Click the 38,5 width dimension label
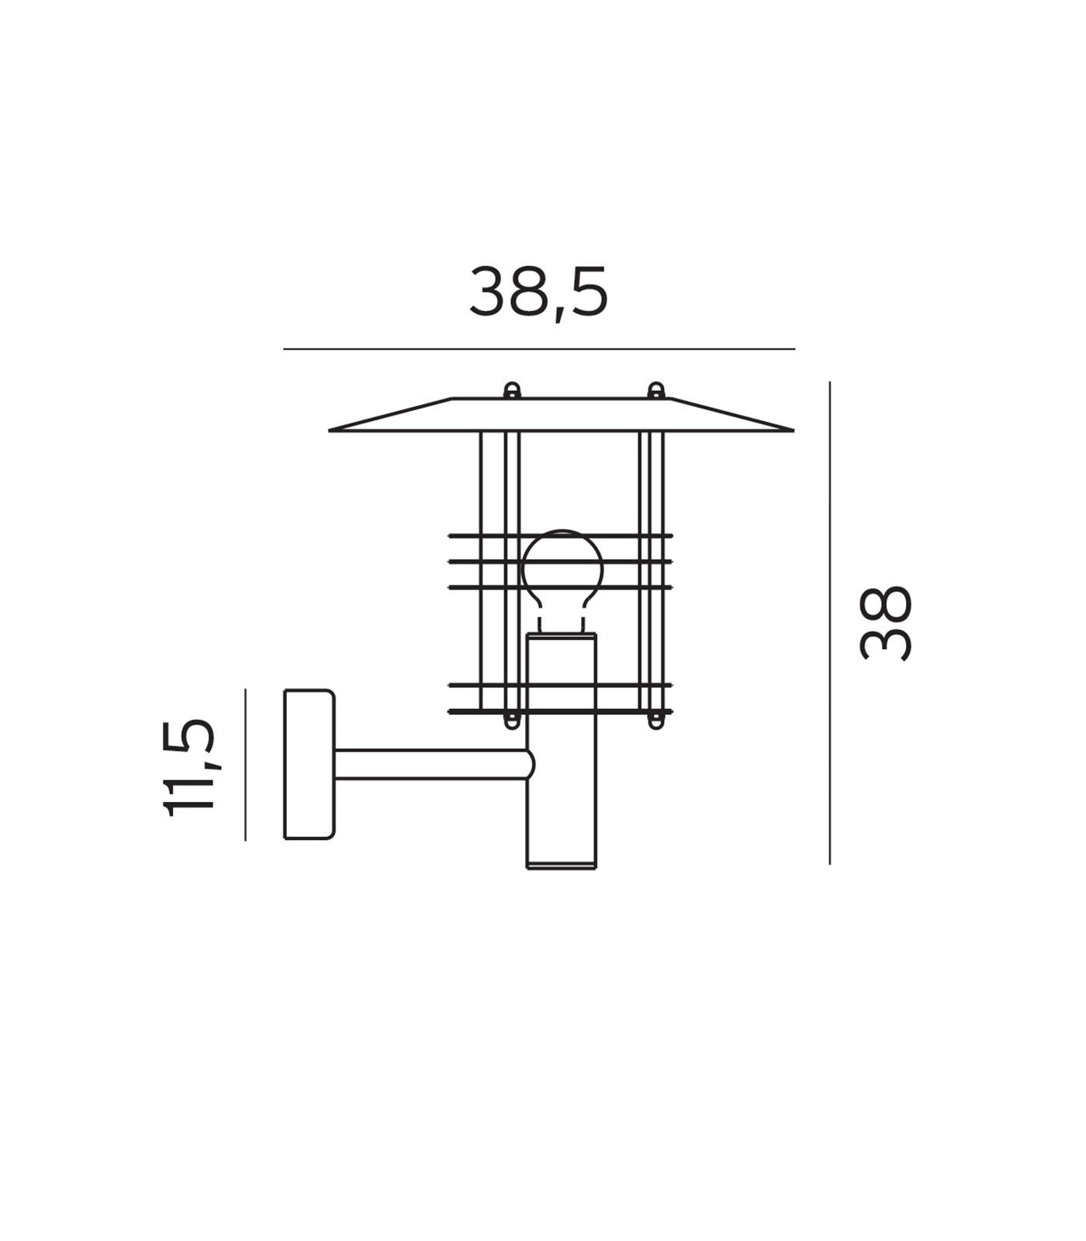(x=538, y=292)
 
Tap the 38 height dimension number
(x=886, y=624)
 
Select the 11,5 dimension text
(x=188, y=767)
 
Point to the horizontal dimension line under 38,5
(x=538, y=349)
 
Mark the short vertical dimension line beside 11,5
(x=245, y=764)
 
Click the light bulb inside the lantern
(x=562, y=566)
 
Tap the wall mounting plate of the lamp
(x=309, y=764)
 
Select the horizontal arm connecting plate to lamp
(x=431, y=765)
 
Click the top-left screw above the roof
(x=511, y=390)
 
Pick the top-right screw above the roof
(x=655, y=390)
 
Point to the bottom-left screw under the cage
(x=510, y=721)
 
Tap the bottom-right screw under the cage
(x=655, y=721)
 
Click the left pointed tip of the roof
(x=331, y=429)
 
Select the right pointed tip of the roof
(x=792, y=429)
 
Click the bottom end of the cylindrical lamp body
(x=562, y=866)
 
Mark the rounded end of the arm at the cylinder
(x=531, y=765)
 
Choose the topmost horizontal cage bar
(x=560, y=535)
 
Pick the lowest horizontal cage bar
(x=560, y=710)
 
